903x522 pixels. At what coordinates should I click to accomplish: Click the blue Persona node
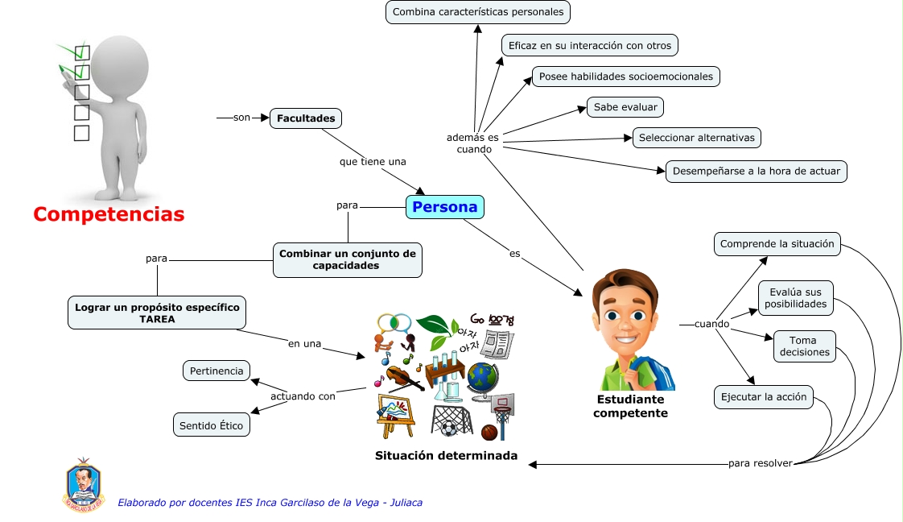tap(445, 207)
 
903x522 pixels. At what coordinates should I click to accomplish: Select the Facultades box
tap(306, 118)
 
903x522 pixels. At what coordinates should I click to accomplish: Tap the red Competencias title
tap(109, 214)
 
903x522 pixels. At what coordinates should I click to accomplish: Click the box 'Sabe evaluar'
tap(625, 106)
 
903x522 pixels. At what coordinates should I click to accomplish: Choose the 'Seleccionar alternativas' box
tap(696, 138)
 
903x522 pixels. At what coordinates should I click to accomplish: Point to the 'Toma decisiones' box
tap(802, 346)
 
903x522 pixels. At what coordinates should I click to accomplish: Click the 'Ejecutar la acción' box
tap(764, 397)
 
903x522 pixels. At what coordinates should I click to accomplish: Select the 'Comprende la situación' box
tap(777, 244)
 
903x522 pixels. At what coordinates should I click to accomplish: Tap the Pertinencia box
tap(216, 371)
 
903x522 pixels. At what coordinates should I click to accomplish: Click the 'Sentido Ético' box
tap(211, 425)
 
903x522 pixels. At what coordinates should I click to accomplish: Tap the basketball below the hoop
tap(489, 433)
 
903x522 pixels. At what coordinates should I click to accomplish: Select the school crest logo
tap(85, 485)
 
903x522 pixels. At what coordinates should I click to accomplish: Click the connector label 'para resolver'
tap(760, 463)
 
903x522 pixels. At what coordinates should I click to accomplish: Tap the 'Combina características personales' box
tap(478, 12)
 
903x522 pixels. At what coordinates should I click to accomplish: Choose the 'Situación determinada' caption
tap(446, 456)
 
